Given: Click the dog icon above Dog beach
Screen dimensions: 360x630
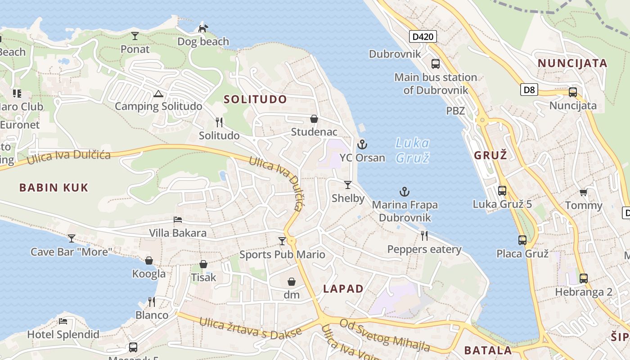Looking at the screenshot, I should pyautogui.click(x=203, y=28).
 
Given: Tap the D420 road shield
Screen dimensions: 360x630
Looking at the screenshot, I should pyautogui.click(x=423, y=36).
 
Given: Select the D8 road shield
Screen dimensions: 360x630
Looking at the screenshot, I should pyautogui.click(x=529, y=90).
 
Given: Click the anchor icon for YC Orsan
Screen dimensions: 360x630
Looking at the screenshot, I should pyautogui.click(x=362, y=144).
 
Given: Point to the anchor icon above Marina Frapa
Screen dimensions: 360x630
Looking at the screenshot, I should pyautogui.click(x=405, y=192).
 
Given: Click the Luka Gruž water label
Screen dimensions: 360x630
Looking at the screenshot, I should pyautogui.click(x=412, y=150).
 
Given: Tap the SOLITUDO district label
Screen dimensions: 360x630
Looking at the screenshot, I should pyautogui.click(x=255, y=99).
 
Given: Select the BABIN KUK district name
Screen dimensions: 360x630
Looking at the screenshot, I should pyautogui.click(x=54, y=188).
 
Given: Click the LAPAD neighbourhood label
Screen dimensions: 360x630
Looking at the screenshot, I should pyautogui.click(x=343, y=289).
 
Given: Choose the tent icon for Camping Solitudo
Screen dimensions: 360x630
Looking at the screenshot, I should pyautogui.click(x=158, y=94).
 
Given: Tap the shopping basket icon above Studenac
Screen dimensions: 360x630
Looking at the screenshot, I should pyautogui.click(x=314, y=119).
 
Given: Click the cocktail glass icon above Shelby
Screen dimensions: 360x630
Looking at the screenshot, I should pyautogui.click(x=347, y=184).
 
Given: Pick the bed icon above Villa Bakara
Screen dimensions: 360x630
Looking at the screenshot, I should pyautogui.click(x=178, y=220).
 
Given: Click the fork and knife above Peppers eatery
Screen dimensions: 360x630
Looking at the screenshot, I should pyautogui.click(x=424, y=235).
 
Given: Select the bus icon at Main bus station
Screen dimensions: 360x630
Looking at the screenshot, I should pyautogui.click(x=435, y=64).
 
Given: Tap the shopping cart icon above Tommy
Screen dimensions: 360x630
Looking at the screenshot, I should pyautogui.click(x=583, y=192).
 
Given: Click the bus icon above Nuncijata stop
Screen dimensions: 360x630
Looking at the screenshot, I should pyautogui.click(x=572, y=92).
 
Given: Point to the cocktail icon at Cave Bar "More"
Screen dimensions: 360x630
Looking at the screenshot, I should pyautogui.click(x=71, y=238).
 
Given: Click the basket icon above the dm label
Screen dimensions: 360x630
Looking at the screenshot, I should pyautogui.click(x=292, y=282).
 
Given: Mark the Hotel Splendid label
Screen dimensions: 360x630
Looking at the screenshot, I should pyautogui.click(x=63, y=334).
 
